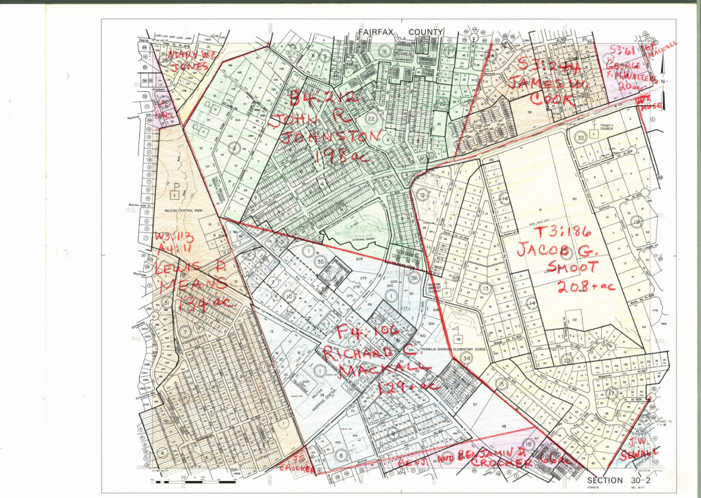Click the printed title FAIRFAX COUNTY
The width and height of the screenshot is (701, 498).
400,32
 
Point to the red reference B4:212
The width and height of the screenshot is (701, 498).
324,100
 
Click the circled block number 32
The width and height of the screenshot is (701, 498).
581,136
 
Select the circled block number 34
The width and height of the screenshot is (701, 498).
466,358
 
